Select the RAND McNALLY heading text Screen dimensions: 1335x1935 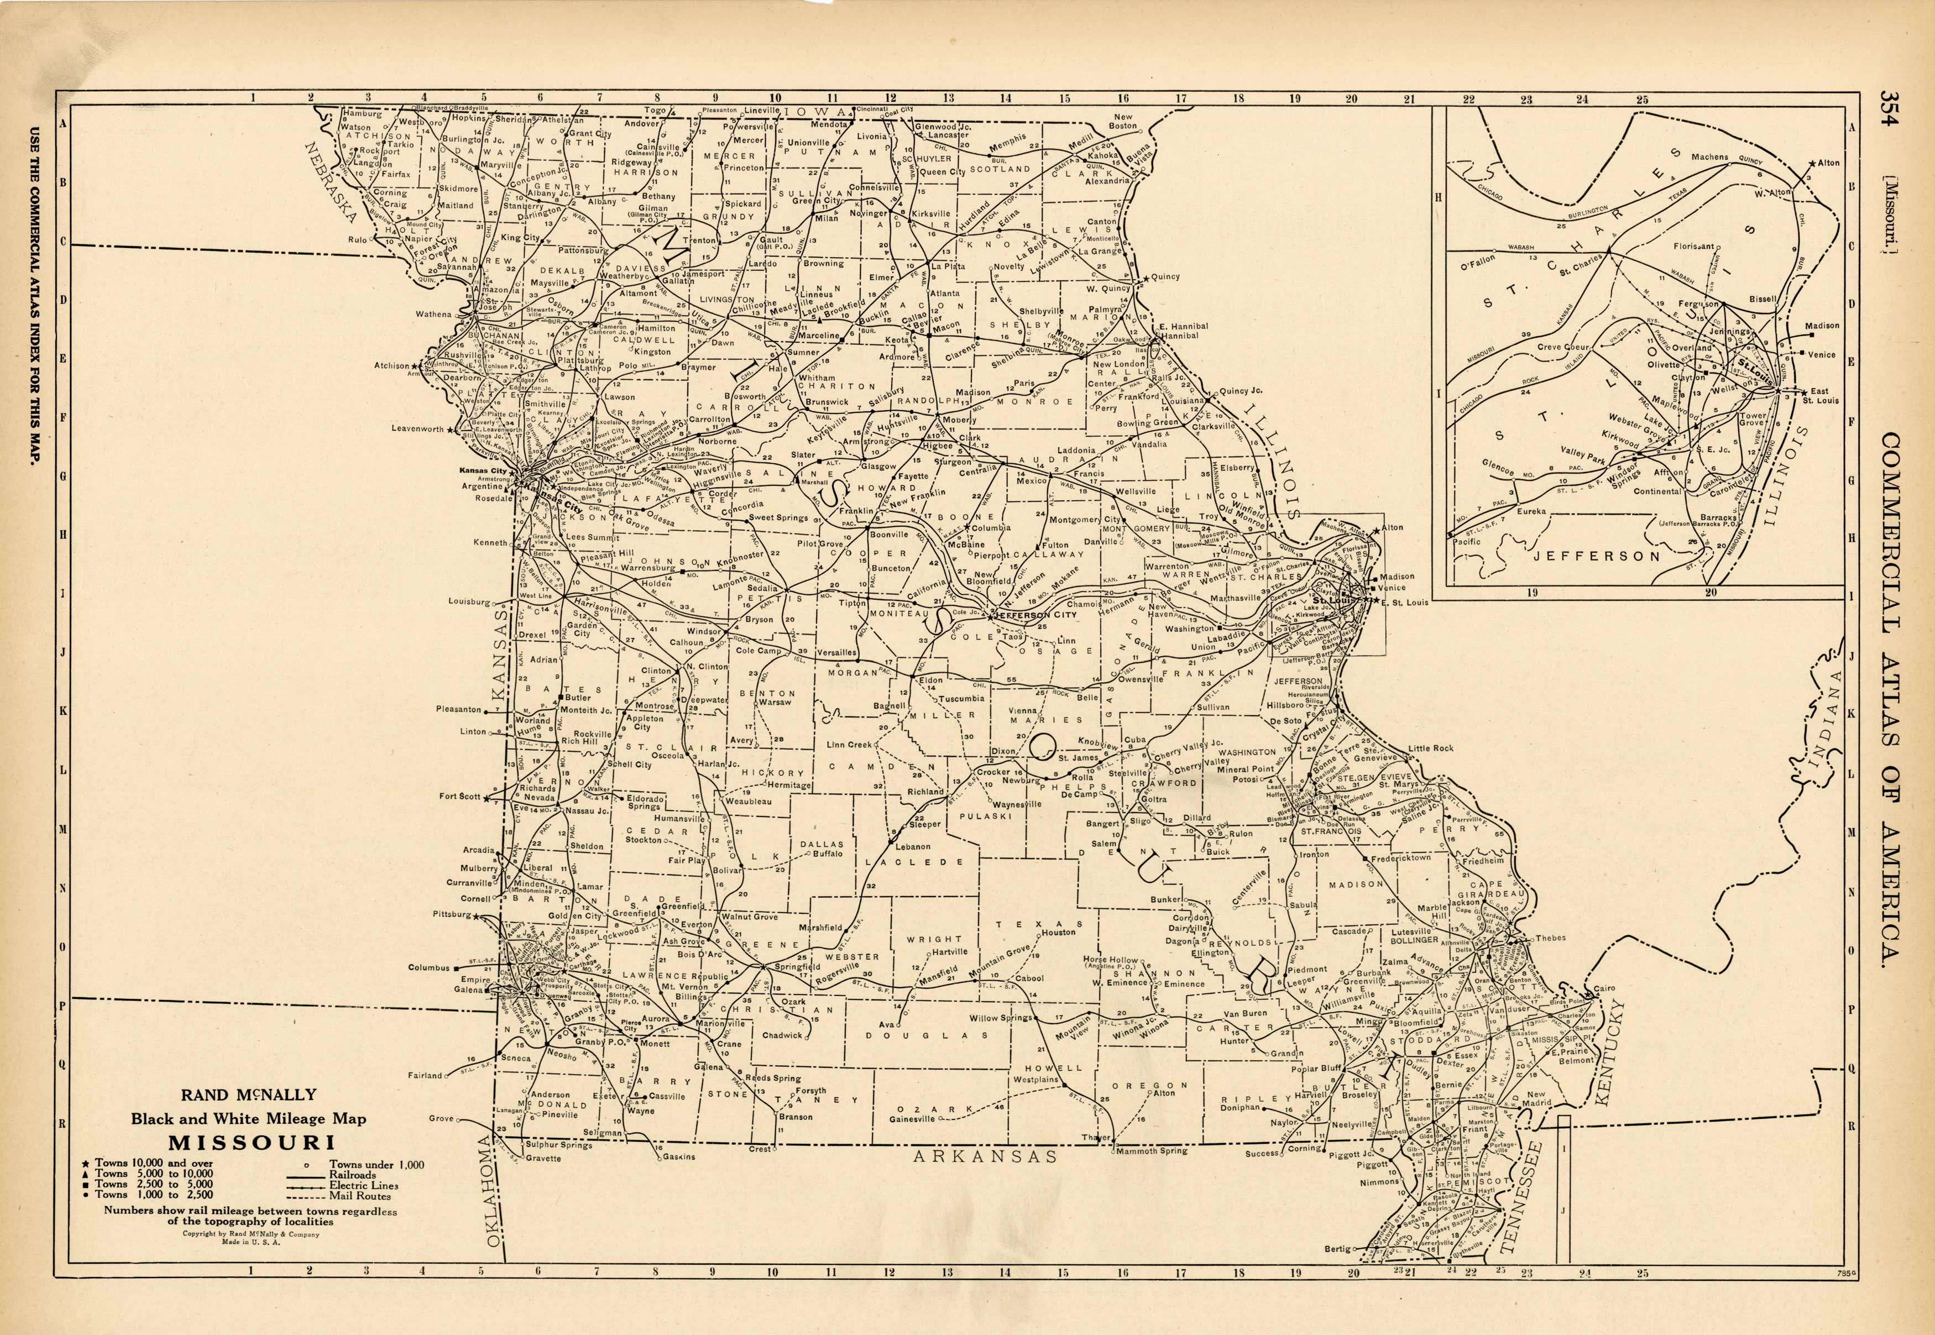pos(249,1094)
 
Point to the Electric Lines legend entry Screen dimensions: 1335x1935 pos(363,1185)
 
